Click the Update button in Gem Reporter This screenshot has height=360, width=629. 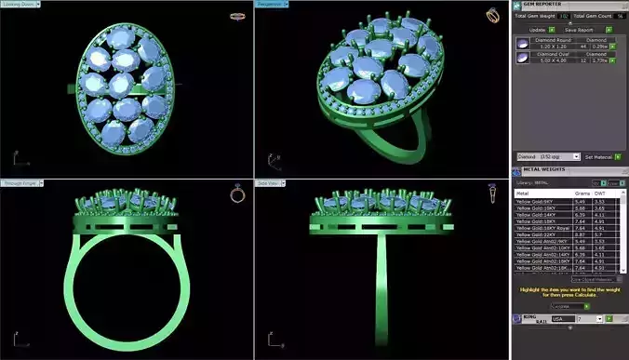pos(536,29)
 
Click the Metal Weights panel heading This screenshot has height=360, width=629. pos(544,170)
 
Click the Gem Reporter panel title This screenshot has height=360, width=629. pos(545,5)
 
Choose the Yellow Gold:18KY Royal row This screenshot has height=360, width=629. pos(543,228)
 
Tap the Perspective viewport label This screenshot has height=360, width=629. pos(271,5)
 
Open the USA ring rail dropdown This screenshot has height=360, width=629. pos(562,319)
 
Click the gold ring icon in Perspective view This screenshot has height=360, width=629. pos(491,14)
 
